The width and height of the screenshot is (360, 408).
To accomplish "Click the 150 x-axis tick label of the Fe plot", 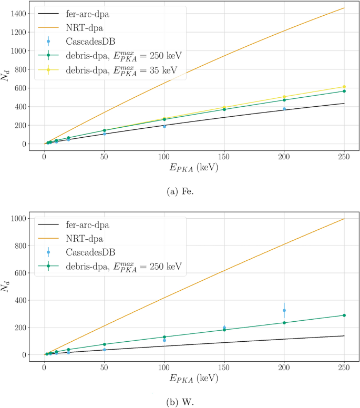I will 224,156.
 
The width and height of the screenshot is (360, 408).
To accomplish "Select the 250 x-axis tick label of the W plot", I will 344,366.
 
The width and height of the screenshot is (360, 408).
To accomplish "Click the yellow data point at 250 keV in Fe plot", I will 344,87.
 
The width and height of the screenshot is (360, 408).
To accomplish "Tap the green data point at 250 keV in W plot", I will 344,315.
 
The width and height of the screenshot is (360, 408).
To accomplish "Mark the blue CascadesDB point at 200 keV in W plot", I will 284,310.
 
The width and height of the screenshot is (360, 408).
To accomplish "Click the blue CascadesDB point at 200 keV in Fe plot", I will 284,109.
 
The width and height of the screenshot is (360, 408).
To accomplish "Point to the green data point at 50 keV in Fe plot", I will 105,130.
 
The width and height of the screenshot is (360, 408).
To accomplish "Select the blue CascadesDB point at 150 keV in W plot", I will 224,327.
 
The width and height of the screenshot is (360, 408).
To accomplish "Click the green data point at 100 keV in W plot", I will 164,337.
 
